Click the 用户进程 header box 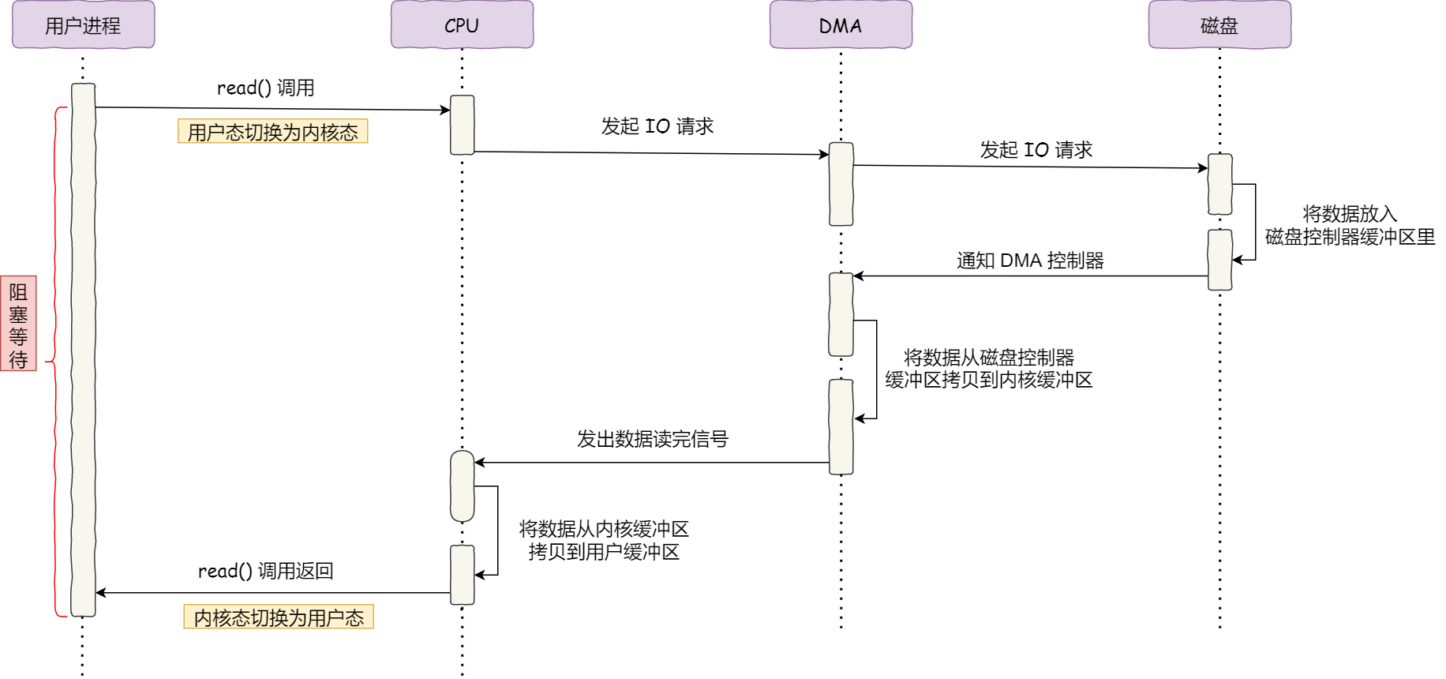83,25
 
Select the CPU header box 462,25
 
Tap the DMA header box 841,25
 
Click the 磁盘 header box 1219,25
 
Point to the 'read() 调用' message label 265,88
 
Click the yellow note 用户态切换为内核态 272,132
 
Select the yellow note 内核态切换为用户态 279,617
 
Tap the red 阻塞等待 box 18,324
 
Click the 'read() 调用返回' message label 265,571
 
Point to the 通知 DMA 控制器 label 1030,261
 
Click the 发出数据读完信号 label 652,439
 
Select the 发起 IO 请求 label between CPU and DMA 657,126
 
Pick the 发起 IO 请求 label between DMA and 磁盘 1036,150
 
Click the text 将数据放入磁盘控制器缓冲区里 1350,226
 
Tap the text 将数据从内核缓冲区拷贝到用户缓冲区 604,540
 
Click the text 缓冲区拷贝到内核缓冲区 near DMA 988,380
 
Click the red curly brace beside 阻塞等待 55,362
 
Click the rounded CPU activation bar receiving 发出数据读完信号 462,486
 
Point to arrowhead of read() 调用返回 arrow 100,593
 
